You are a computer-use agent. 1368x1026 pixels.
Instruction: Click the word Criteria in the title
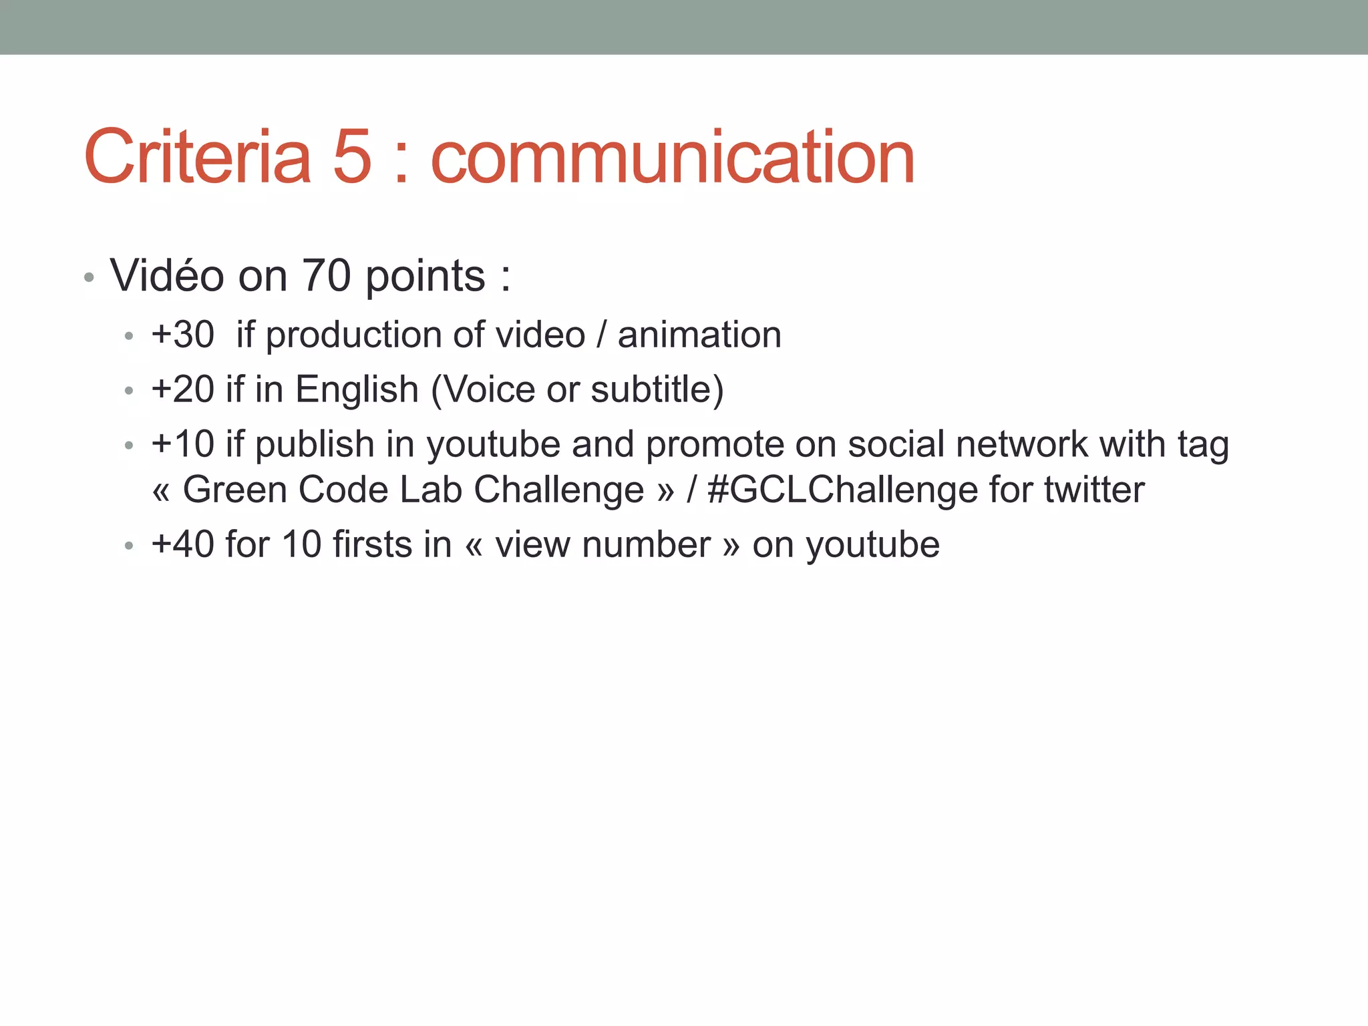point(198,158)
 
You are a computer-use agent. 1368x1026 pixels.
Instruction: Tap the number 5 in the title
point(352,158)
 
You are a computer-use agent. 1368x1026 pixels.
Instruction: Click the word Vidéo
point(167,275)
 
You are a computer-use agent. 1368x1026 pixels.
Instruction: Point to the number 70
point(327,275)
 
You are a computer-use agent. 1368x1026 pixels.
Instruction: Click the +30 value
point(182,335)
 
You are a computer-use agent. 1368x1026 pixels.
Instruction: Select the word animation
point(699,335)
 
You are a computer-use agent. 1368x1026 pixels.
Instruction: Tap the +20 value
point(182,389)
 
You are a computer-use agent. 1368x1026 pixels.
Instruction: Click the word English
point(357,389)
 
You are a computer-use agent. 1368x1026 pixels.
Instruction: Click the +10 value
point(182,444)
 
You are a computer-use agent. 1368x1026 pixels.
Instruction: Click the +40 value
point(182,544)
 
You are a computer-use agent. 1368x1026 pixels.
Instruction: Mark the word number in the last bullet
point(646,544)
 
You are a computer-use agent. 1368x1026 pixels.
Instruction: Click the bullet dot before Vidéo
point(90,277)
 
